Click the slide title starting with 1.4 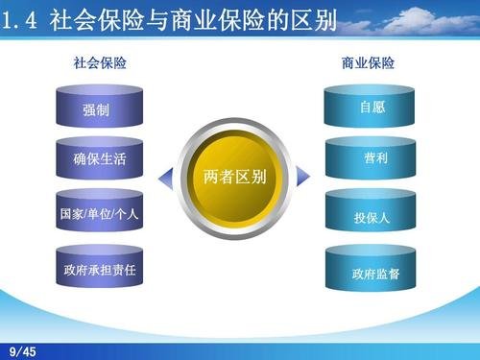pos(169,19)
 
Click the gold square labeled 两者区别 pos(234,179)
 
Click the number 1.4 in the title pos(20,20)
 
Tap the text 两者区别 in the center pos(234,179)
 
